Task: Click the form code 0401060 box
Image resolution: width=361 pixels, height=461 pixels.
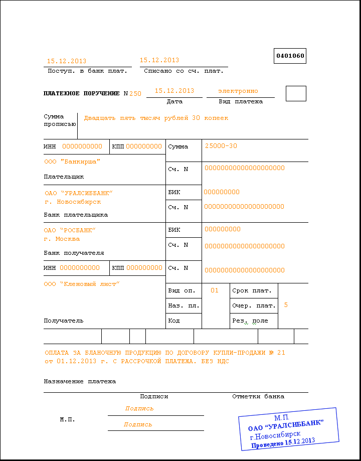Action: pos(290,56)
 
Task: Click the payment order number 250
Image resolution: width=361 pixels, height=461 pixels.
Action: pos(135,94)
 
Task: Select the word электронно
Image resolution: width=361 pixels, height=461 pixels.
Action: pos(238,91)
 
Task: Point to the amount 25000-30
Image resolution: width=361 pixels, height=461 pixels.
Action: pos(221,146)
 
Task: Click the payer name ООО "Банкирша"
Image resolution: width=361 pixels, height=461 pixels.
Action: pos(72,162)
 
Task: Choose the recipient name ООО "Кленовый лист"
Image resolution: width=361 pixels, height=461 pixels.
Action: pos(82,284)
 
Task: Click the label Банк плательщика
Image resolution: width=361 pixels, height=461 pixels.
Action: pos(76,215)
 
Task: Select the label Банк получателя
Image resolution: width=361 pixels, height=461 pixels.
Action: pos(74,253)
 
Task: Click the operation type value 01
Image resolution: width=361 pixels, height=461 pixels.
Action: pos(215,290)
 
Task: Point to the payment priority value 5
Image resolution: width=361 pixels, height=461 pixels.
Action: pos(286,305)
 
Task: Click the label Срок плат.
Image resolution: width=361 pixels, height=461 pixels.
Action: pos(252,290)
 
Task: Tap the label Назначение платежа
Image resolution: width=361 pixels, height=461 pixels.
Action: pos(80,381)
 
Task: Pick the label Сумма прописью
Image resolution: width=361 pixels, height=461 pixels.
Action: pos(60,120)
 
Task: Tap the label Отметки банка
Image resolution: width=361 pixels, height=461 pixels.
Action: pos(258,396)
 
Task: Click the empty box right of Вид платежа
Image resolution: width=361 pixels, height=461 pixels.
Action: pos(295,93)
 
